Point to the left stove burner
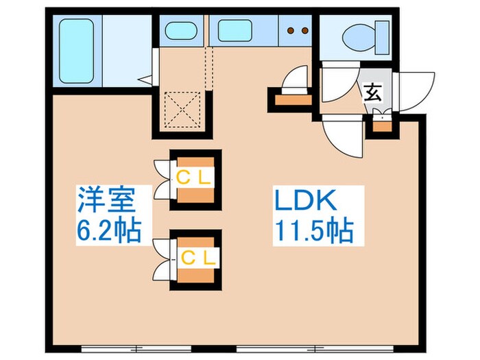click(x=290, y=30)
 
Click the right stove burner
click(x=302, y=30)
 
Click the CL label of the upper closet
click(x=196, y=177)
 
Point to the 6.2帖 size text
click(x=108, y=230)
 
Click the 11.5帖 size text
click(x=315, y=231)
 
